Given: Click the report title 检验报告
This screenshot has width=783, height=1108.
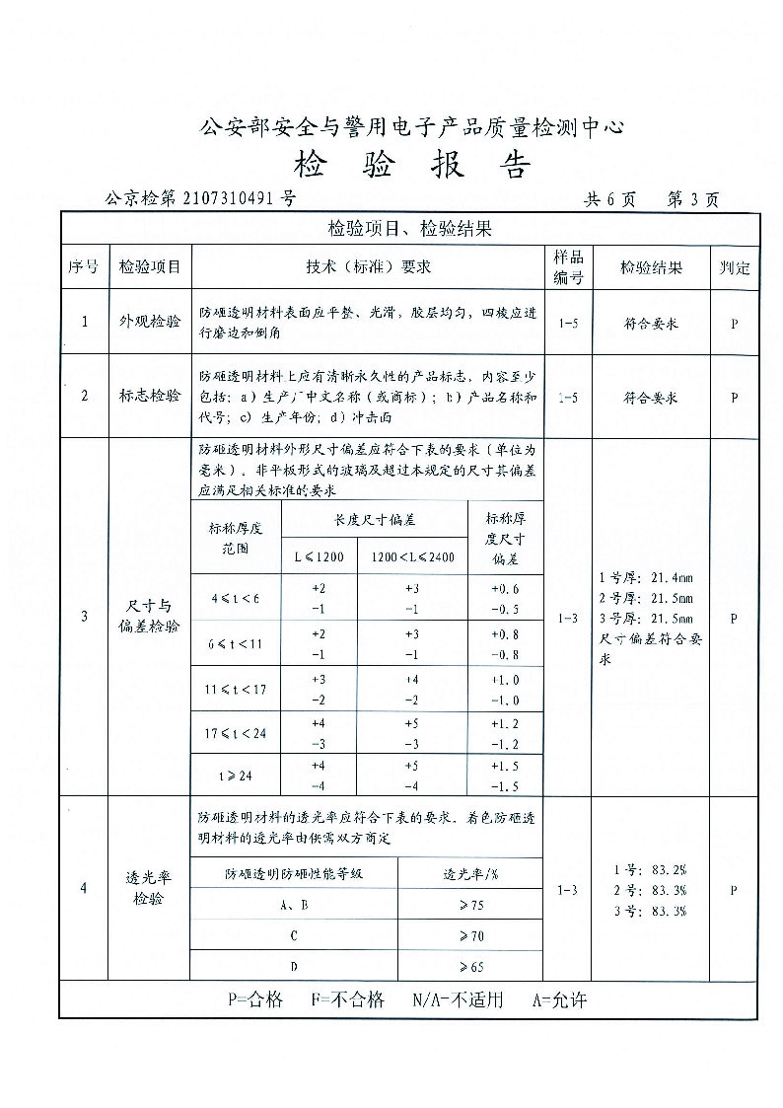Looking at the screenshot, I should click(x=412, y=165).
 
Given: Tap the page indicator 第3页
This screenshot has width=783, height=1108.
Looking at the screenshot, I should click(x=693, y=199).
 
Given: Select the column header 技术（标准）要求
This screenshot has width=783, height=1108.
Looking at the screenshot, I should click(x=368, y=266).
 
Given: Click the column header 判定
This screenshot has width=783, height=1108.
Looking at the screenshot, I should click(x=734, y=267).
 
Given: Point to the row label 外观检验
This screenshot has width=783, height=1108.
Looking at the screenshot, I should click(x=150, y=322).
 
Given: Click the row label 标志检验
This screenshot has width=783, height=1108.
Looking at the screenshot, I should click(x=150, y=396).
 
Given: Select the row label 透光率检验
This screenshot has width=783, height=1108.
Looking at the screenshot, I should click(x=150, y=888).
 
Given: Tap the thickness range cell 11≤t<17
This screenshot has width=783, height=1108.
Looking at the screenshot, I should click(x=236, y=689).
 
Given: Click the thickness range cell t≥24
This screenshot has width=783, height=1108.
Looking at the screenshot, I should click(x=236, y=776).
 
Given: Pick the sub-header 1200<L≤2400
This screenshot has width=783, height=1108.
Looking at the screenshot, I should click(x=412, y=557).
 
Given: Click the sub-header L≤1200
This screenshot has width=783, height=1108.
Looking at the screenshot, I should click(x=319, y=557).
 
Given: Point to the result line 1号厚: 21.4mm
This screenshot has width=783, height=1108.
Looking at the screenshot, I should click(x=646, y=577).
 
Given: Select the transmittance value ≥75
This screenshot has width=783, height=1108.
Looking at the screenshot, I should click(x=470, y=904).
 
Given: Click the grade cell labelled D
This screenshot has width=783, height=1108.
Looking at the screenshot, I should click(x=294, y=966).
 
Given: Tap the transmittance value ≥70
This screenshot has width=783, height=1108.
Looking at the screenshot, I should click(x=470, y=934).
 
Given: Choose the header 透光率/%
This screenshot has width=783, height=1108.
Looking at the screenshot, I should click(x=470, y=873).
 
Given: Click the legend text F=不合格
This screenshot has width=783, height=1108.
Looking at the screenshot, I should click(x=347, y=999).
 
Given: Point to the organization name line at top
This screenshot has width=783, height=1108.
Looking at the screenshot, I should click(x=412, y=126).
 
